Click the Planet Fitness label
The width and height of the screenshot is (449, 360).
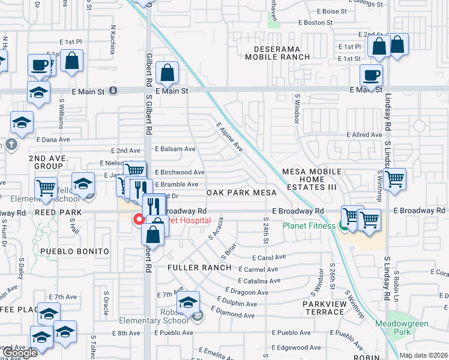[309, 226]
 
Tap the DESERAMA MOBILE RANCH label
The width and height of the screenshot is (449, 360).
[277, 52]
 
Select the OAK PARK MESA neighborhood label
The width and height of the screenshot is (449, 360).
[241, 193]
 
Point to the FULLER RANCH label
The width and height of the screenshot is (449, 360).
[199, 267]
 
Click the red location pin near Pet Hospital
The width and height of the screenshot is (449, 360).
[138, 220]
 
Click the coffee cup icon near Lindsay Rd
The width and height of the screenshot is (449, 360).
[371, 76]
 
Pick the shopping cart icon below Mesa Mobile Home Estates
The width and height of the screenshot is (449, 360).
[395, 178]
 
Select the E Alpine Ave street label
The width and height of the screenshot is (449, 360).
[230, 138]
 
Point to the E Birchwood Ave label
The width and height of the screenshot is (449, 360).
[179, 172]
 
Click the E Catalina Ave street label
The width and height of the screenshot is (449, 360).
[259, 280]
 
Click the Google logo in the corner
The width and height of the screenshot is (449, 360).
[20, 353]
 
